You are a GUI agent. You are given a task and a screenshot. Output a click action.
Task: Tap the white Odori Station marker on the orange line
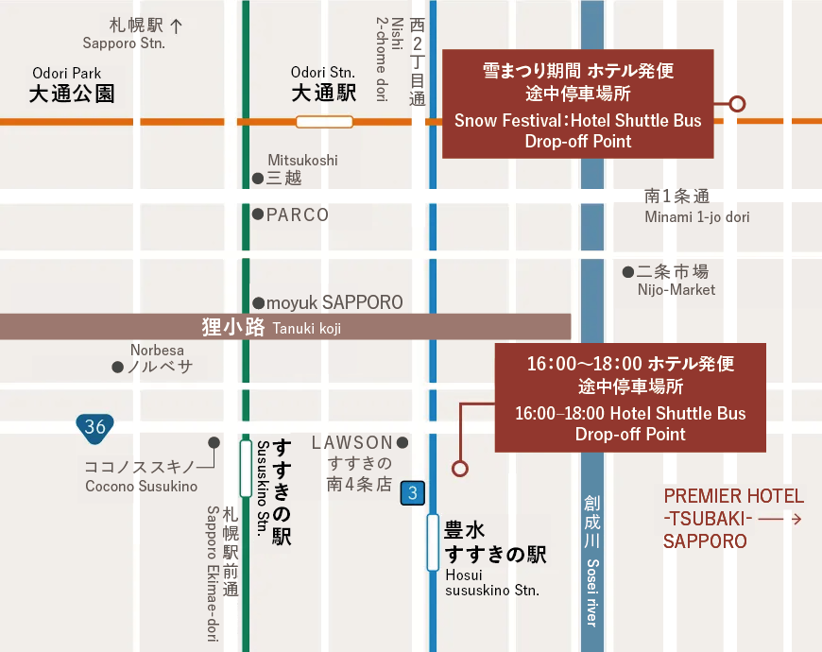(324, 121)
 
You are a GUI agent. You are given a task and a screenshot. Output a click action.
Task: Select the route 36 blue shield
(94, 426)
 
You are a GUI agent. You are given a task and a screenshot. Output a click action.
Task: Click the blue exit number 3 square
(412, 491)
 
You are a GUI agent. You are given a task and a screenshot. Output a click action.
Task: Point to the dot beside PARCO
(258, 214)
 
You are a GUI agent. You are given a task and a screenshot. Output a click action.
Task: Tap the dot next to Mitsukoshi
(258, 178)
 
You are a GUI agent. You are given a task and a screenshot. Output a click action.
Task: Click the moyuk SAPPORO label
(334, 302)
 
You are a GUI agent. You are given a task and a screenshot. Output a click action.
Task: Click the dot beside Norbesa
(118, 367)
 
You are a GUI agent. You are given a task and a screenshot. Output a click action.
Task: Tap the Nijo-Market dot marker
(628, 272)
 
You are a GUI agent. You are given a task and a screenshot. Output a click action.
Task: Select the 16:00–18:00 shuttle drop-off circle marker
(460, 468)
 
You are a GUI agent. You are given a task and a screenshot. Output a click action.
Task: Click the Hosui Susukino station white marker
(433, 541)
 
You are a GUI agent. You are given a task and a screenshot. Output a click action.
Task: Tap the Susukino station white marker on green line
(245, 468)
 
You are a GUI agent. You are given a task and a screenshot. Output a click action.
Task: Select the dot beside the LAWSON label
(402, 442)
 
